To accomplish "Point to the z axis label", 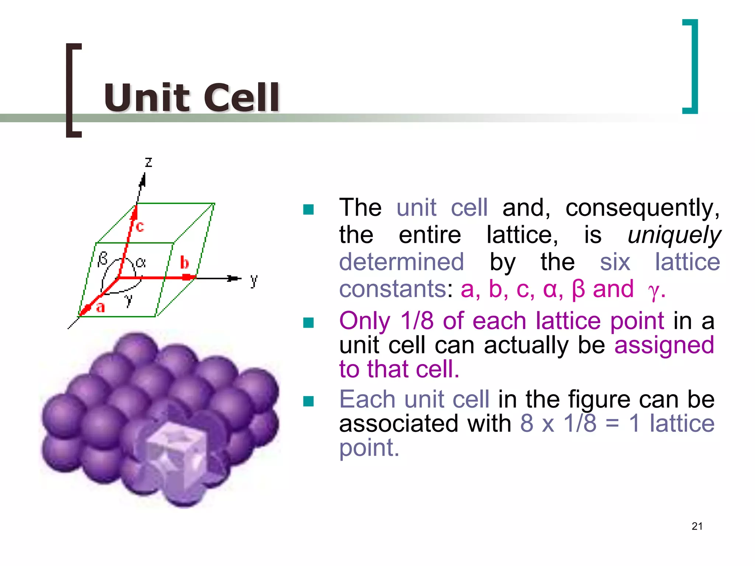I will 148,162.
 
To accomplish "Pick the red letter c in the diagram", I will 140,226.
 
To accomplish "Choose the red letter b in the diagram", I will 184,263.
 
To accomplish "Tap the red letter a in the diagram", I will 100,307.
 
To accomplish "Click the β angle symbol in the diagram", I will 102,259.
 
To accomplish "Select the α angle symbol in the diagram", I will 140,262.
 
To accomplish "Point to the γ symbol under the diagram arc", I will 128,299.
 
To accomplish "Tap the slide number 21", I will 697,526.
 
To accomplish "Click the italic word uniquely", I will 674,235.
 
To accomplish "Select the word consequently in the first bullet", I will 642,208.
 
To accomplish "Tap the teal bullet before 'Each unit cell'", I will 308,401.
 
